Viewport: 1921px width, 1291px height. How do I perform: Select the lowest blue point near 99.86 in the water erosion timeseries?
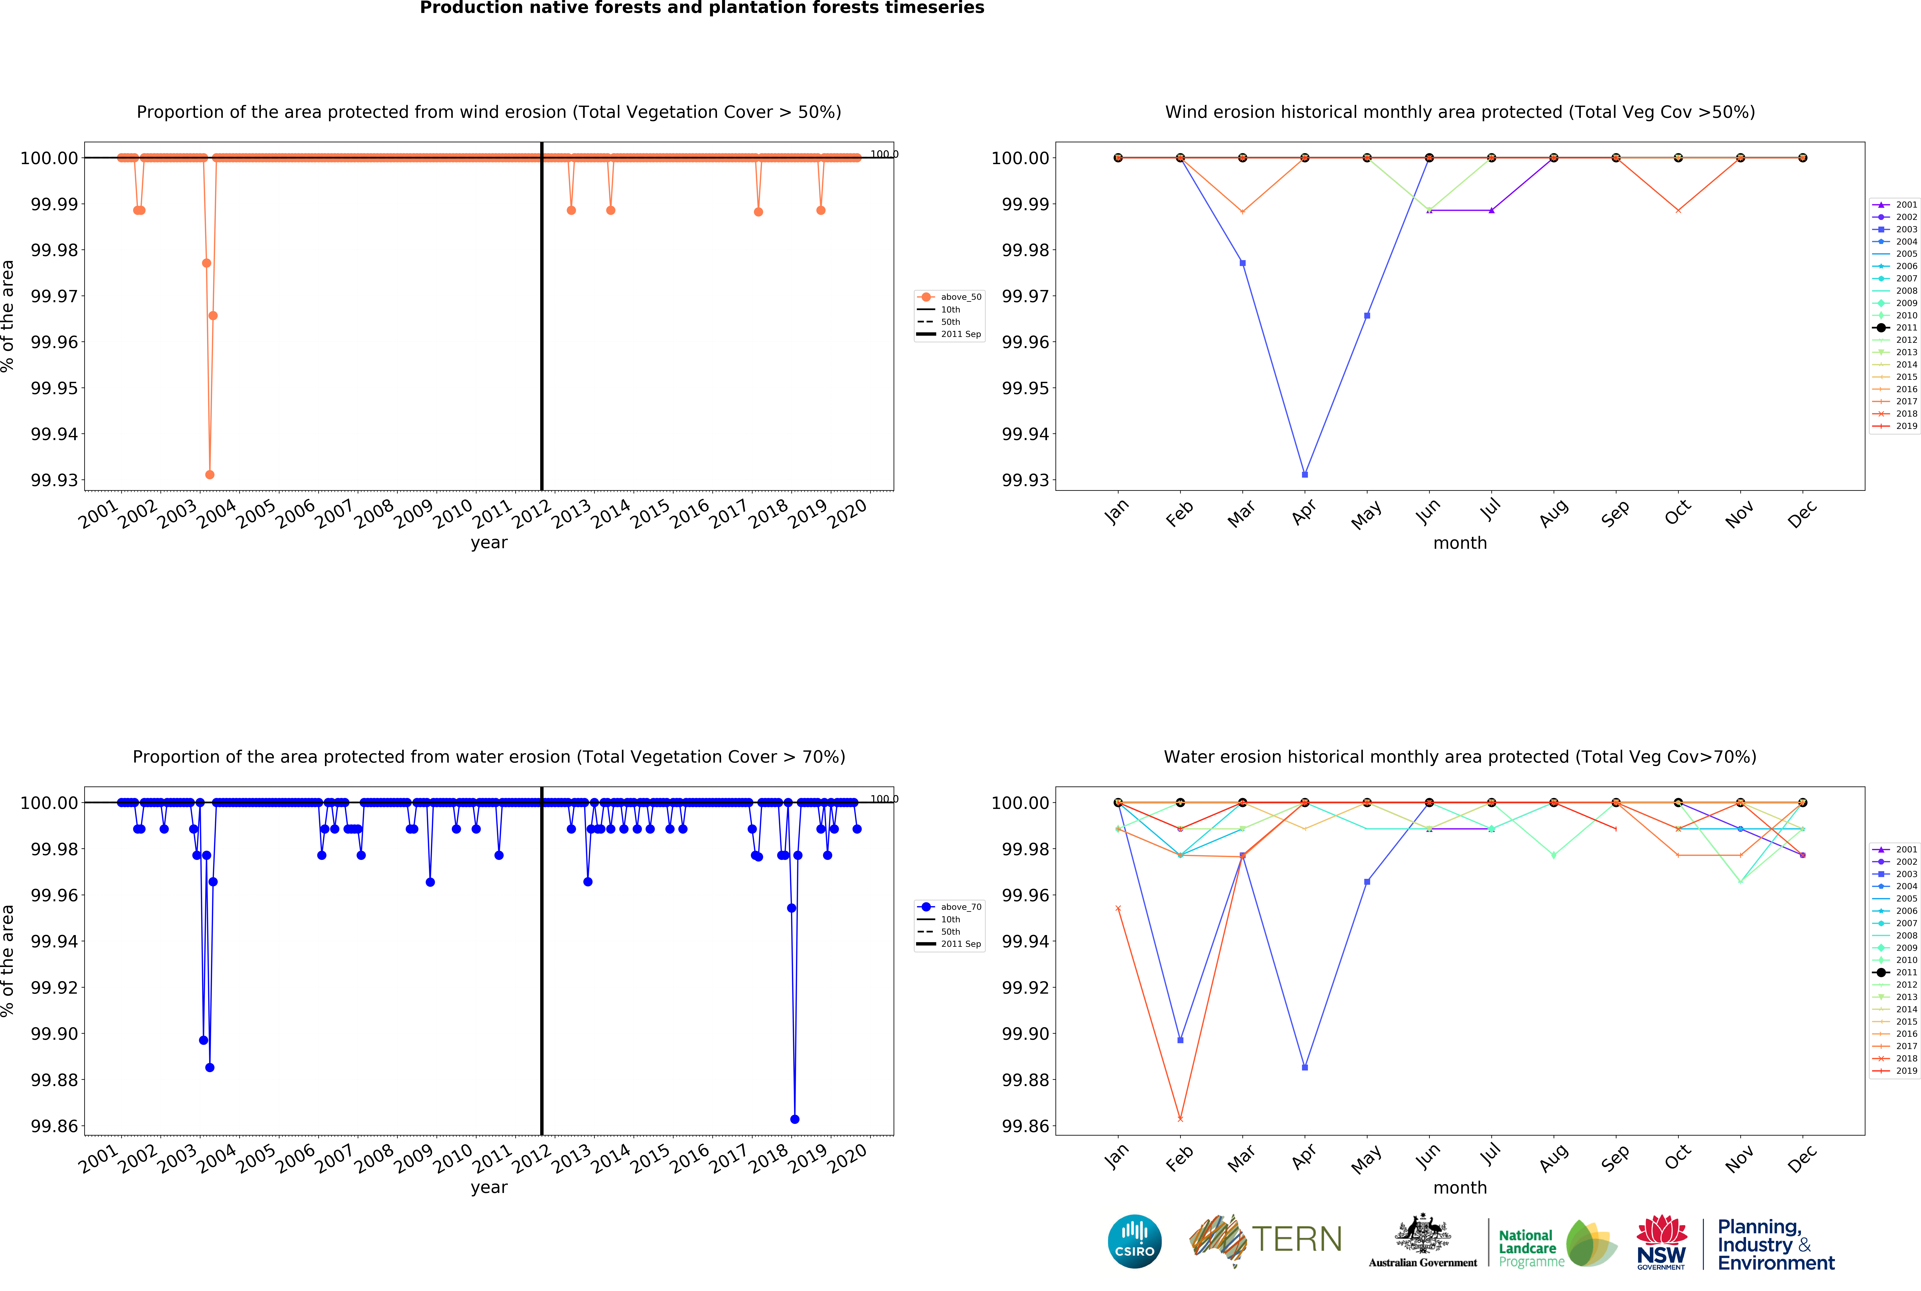coord(794,1119)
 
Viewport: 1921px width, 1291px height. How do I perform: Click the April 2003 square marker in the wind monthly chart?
coord(1304,474)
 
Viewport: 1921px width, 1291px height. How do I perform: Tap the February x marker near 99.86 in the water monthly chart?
coord(1180,1119)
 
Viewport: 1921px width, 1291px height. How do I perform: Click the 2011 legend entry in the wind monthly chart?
coord(1896,328)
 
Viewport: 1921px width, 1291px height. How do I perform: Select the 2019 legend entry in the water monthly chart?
coord(1896,1071)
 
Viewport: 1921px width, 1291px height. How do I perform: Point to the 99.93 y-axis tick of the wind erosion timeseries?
coord(54,480)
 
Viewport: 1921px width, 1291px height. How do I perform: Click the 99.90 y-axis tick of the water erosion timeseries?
coord(54,1033)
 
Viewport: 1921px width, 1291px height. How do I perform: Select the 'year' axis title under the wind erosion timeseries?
coord(489,543)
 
